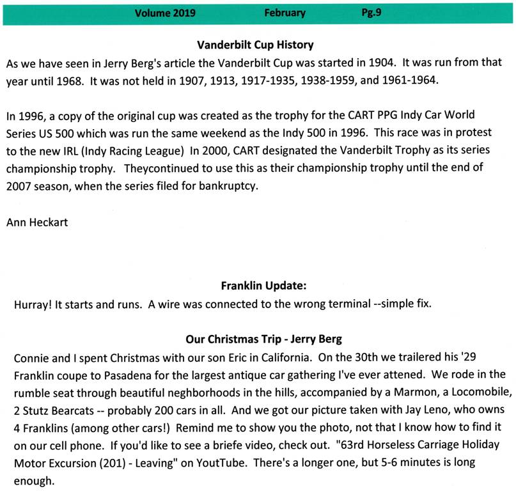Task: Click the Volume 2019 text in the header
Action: click(x=165, y=13)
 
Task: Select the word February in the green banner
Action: click(x=284, y=13)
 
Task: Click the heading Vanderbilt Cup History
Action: click(x=256, y=45)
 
